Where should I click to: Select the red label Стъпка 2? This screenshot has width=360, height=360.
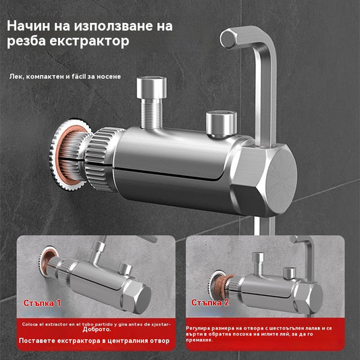[210, 302]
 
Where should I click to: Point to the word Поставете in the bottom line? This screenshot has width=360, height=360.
[42, 340]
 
